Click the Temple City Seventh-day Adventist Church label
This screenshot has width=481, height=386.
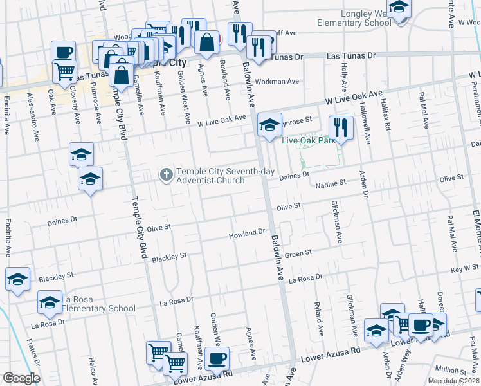211,176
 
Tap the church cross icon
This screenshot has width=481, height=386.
166,174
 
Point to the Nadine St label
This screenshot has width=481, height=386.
331,184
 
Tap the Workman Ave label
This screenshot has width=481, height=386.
277,82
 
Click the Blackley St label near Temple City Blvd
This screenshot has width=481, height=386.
169,257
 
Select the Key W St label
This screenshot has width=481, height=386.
465,268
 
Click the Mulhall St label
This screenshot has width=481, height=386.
450,371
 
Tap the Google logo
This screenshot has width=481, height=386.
21,378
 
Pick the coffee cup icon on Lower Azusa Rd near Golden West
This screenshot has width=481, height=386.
217,358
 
